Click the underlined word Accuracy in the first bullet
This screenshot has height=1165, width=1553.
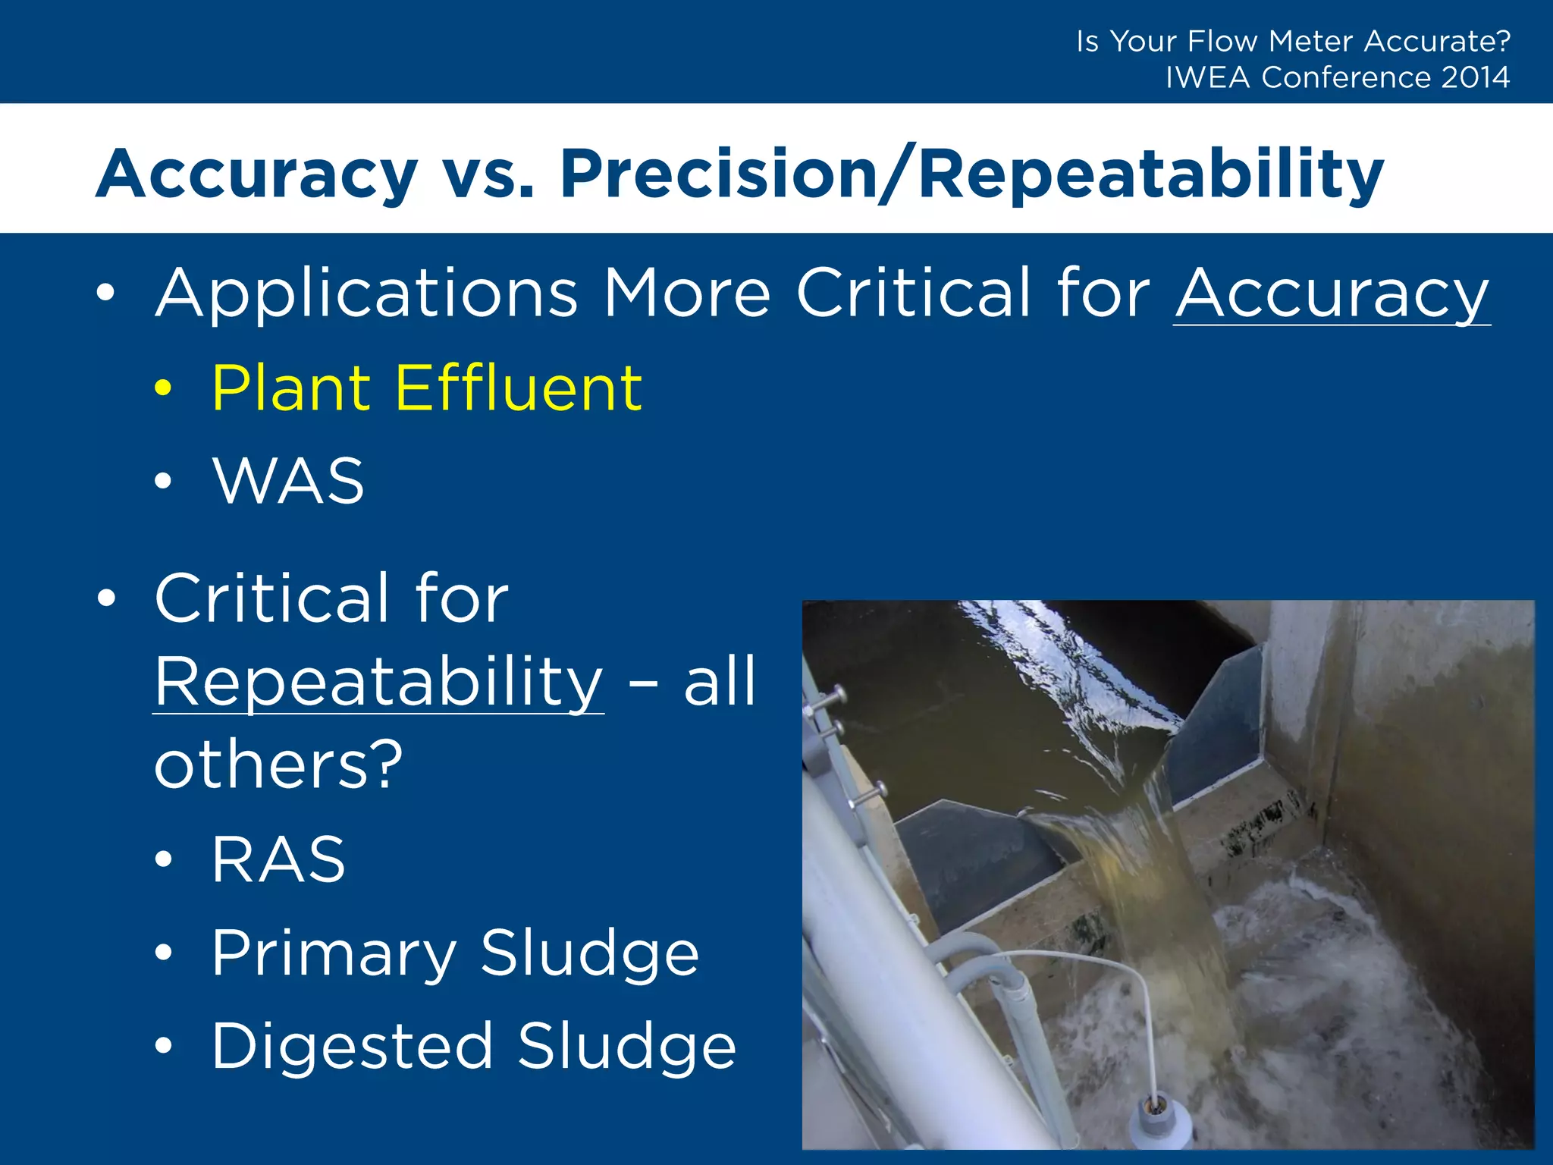tap(1332, 294)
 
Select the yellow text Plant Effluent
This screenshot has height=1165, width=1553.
tap(427, 388)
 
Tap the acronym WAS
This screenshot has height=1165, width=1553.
tap(289, 481)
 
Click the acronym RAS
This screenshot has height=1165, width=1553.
tap(279, 859)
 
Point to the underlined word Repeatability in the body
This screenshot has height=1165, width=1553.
tap(378, 682)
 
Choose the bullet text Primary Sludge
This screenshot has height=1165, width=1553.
tap(455, 953)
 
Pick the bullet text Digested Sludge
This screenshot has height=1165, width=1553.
tap(474, 1046)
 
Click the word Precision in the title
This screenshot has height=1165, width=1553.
tap(718, 174)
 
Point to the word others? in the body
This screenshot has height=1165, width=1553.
tap(278, 764)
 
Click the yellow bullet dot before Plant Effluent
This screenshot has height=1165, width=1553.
tap(163, 388)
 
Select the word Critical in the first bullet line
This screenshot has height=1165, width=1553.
tap(913, 294)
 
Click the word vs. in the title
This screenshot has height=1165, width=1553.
tap(488, 174)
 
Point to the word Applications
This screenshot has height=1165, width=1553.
tap(367, 294)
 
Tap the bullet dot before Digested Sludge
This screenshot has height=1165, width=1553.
tap(163, 1046)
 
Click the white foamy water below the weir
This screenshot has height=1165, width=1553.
tap(1327, 986)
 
